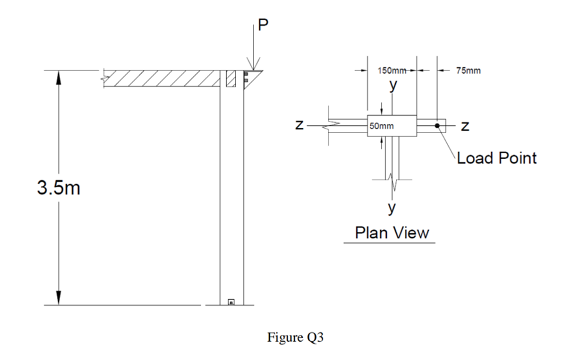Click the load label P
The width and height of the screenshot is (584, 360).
[263, 25]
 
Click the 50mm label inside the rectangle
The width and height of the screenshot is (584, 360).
[382, 126]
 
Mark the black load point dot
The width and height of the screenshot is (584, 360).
[438, 125]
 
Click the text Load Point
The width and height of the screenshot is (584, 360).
[496, 158]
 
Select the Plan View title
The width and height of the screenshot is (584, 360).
[391, 233]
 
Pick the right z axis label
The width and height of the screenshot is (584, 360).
[466, 125]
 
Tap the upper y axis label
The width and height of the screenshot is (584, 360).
[392, 84]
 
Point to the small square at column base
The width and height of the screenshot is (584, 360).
[231, 301]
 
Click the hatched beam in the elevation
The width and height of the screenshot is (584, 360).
[162, 78]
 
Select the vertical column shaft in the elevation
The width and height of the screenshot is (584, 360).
[231, 194]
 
